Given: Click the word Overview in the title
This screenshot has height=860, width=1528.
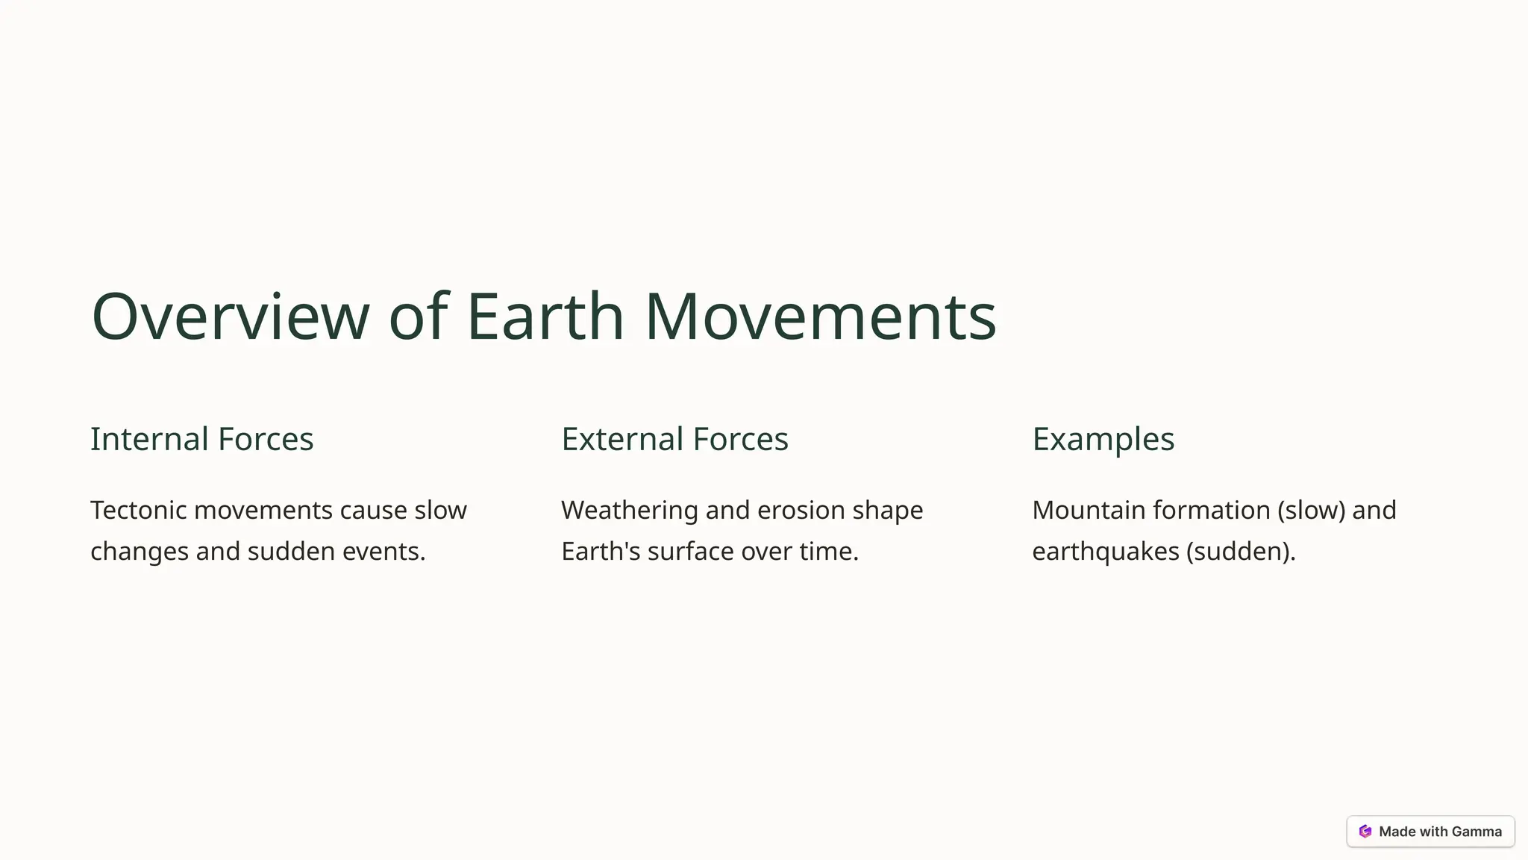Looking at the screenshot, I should tap(230, 317).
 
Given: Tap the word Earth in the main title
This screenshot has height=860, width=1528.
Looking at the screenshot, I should tap(545, 317).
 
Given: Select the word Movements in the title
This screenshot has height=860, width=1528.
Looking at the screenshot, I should tap(820, 317).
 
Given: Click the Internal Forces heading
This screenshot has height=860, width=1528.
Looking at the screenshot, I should tap(201, 439).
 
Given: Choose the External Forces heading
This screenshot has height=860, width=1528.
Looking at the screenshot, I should tap(674, 439).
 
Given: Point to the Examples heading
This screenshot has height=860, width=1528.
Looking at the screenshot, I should tap(1103, 439).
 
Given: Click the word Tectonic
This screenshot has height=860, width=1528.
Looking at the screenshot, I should tap(137, 511).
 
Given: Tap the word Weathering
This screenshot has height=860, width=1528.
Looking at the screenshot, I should tap(629, 511).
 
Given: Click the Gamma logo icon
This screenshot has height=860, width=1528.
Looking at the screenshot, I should tap(1365, 832).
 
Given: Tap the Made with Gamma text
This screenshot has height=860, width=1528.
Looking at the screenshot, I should tap(1440, 832).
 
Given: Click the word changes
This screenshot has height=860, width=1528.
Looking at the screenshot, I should tap(139, 552).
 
